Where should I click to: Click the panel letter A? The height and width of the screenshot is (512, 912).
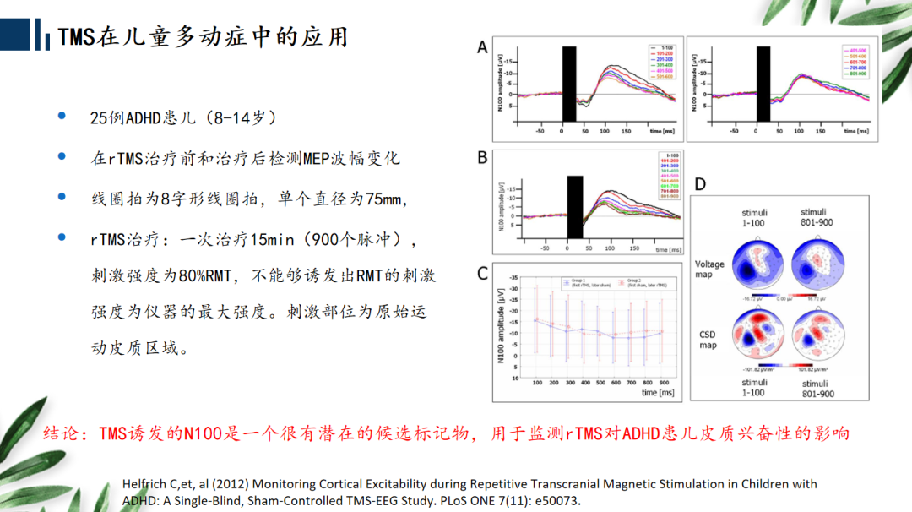point(482,48)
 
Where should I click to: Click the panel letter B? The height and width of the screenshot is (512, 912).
point(482,157)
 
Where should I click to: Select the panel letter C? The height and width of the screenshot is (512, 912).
point(482,274)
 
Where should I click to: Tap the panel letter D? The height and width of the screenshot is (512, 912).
point(700,184)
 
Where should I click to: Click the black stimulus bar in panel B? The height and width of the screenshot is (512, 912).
point(575,206)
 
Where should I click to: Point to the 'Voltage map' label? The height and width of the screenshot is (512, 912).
point(709,270)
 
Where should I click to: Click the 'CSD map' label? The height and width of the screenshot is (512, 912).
point(707,340)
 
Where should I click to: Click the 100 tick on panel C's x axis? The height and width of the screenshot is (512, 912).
point(536,383)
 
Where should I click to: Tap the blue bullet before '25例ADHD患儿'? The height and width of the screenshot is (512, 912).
point(61,116)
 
